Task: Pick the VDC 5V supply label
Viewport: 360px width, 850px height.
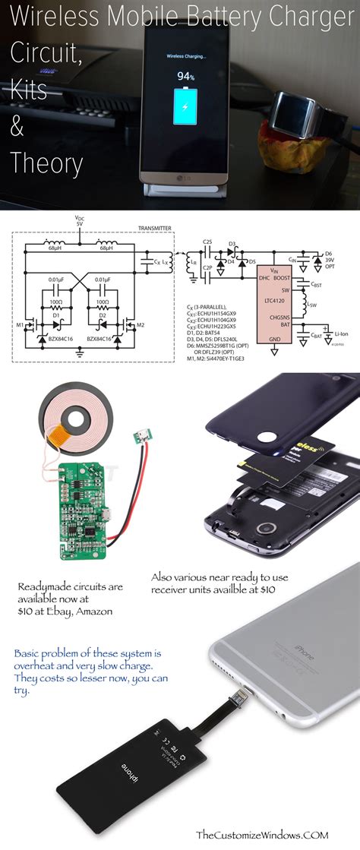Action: (x=80, y=220)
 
